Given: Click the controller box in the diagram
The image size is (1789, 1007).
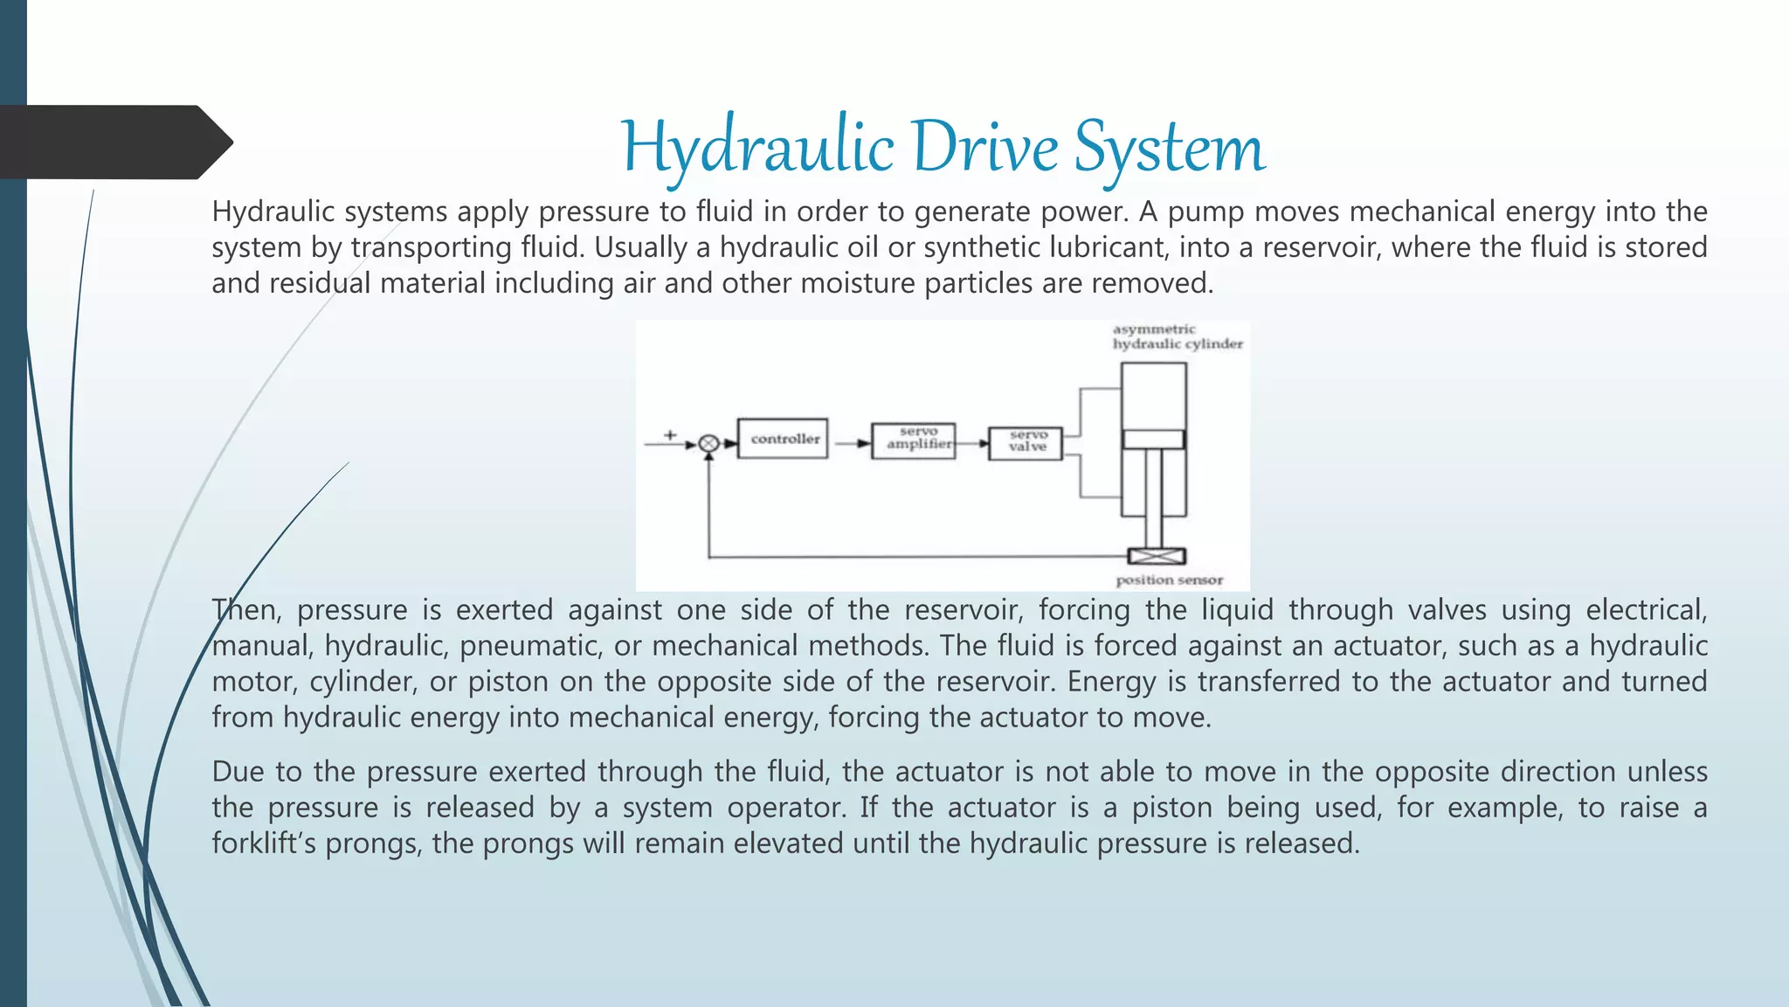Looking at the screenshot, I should point(783,439).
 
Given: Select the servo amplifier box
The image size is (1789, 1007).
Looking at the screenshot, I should point(914,440).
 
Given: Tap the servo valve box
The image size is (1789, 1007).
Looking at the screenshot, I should point(1026,443).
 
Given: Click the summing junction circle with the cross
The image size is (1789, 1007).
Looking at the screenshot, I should point(709,444).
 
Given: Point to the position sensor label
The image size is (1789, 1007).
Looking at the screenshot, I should point(1169,580).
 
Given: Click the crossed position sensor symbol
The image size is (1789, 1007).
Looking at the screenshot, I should point(1157,556).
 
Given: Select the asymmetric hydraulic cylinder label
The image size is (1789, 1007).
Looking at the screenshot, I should point(1176,337).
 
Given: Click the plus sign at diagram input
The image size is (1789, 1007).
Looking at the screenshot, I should point(670,434).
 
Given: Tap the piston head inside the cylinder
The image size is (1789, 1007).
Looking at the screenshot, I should point(1153,439).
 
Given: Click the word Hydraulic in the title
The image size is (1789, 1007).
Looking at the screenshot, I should point(756,147).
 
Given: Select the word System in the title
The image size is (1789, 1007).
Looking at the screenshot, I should point(1169,147).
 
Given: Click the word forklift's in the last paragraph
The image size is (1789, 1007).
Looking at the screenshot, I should point(264,844).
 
